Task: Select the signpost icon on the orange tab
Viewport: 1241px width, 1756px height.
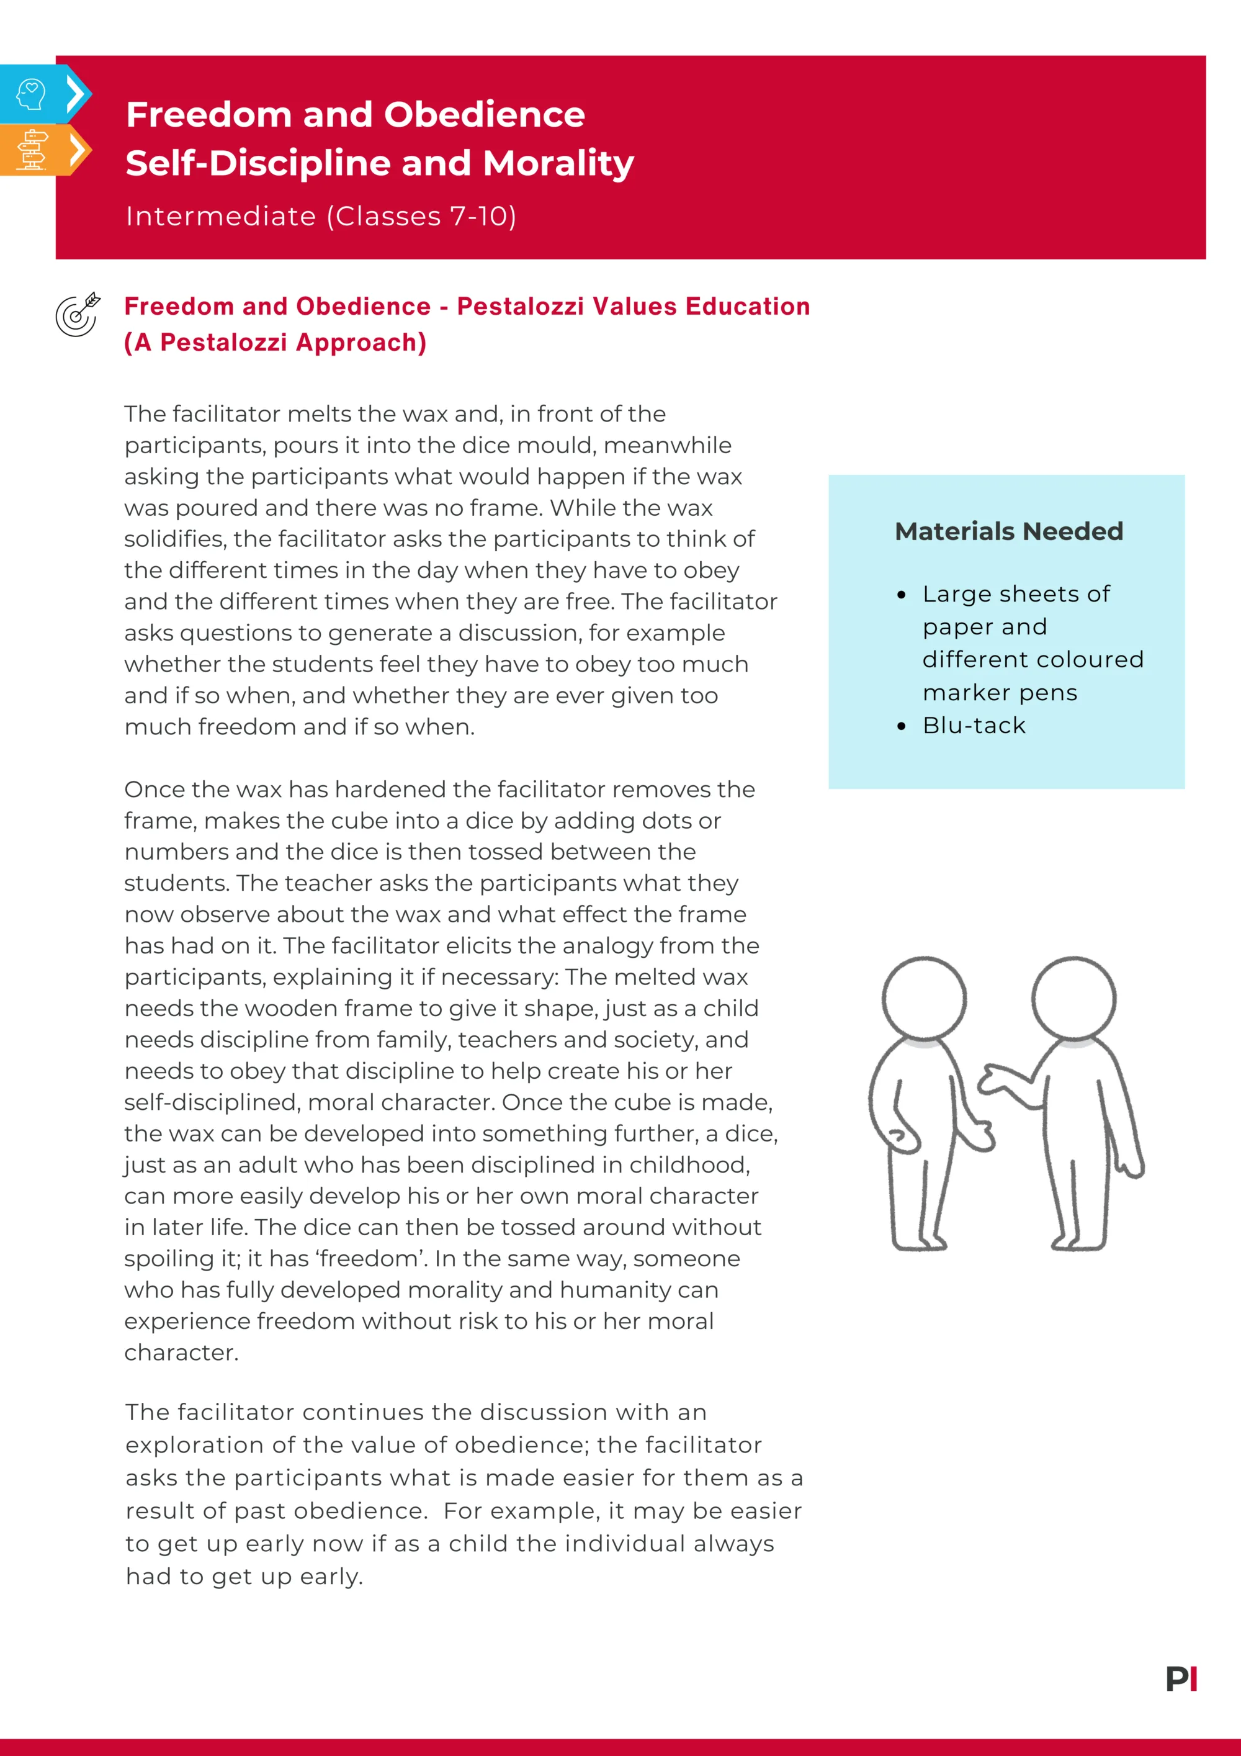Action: pos(32,150)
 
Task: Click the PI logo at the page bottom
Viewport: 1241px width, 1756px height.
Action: pos(1181,1679)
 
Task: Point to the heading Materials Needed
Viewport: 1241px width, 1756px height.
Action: pos(1008,531)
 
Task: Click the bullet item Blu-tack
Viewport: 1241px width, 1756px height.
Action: pos(974,725)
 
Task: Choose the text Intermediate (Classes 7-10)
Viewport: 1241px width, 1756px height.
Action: pos(321,217)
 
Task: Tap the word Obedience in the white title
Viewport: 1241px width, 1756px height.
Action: pos(484,115)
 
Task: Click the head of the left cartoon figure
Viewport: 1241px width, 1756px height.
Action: pos(924,998)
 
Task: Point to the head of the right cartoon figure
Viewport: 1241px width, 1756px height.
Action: pos(1073,998)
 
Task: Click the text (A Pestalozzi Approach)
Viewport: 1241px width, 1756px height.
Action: pos(276,343)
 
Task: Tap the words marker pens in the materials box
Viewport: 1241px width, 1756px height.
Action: pos(1000,692)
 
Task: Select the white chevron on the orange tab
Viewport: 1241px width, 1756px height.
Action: pos(76,150)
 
